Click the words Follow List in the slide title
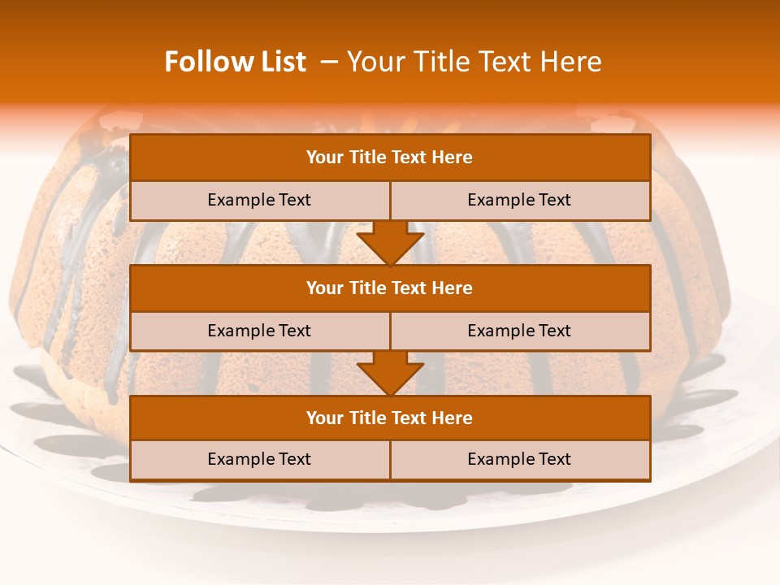click(x=236, y=62)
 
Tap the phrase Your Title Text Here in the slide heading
click(x=474, y=62)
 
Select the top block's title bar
click(x=390, y=158)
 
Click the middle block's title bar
click(x=390, y=288)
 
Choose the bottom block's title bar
click(x=390, y=418)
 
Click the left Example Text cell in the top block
click(x=259, y=201)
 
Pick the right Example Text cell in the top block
click(x=519, y=201)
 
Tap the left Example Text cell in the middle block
click(x=259, y=331)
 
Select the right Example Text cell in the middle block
click(x=519, y=331)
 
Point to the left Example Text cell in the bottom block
click(x=259, y=460)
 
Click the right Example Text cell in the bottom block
click(x=519, y=460)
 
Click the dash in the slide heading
click(x=330, y=62)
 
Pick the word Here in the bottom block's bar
click(x=453, y=418)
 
